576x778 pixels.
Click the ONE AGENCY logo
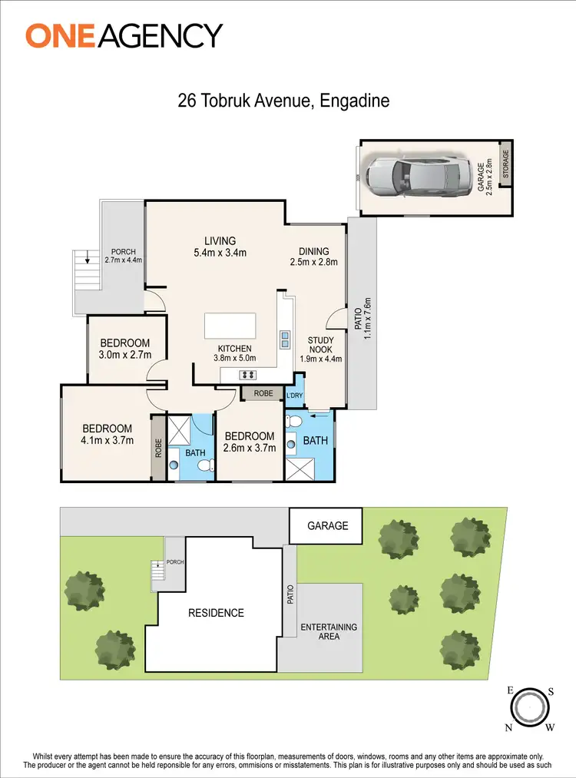(124, 35)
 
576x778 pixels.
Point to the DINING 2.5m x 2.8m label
(313, 257)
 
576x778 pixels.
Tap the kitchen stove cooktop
(249, 375)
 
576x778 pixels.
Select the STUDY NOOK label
(320, 349)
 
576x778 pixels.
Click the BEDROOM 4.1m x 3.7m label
(107, 434)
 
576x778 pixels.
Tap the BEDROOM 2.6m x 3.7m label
(249, 442)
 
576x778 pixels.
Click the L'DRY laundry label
(295, 395)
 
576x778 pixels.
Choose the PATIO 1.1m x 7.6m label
(362, 313)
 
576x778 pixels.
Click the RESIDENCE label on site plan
(216, 613)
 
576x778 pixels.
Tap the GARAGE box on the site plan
(328, 526)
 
